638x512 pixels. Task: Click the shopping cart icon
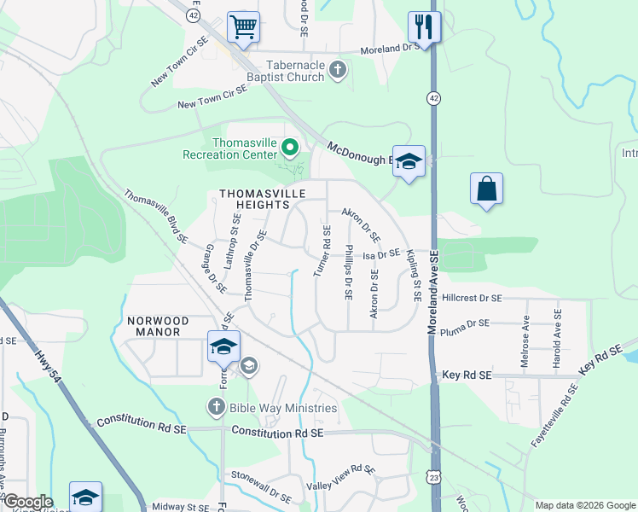click(243, 26)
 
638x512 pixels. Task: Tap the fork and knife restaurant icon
click(423, 26)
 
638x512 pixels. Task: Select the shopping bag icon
click(486, 189)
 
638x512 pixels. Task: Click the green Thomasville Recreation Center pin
click(290, 149)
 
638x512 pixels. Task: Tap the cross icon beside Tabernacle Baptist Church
click(339, 70)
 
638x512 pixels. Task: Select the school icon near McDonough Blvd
click(409, 161)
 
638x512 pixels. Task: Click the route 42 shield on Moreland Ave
click(435, 99)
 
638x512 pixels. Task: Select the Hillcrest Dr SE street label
click(473, 299)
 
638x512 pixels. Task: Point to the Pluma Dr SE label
click(466, 323)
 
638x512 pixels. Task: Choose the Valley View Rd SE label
click(341, 476)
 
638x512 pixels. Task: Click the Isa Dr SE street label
click(381, 253)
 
